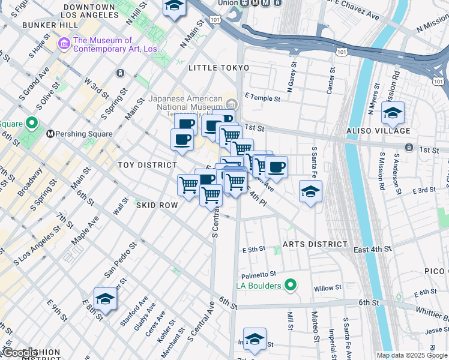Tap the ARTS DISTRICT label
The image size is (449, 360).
pos(315,244)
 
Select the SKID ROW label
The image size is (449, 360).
pos(157,205)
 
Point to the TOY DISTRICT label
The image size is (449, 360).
pos(147,165)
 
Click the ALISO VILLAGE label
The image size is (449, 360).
pos(385,131)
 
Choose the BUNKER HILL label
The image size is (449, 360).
pos(50,25)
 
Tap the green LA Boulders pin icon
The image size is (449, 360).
pos(291,285)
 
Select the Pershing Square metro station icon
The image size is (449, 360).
pos(50,134)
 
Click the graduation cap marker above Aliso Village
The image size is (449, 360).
pos(393,113)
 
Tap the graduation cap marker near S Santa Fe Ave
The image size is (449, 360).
pos(310,192)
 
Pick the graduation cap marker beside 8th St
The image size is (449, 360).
pos(105,300)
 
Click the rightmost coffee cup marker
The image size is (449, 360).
pos(276,167)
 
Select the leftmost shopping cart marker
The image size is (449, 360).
pos(188,184)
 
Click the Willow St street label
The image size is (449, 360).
pos(327,288)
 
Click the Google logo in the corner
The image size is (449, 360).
pos(20,353)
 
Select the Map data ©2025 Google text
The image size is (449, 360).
pos(412,355)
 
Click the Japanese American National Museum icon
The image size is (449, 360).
pos(231,101)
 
